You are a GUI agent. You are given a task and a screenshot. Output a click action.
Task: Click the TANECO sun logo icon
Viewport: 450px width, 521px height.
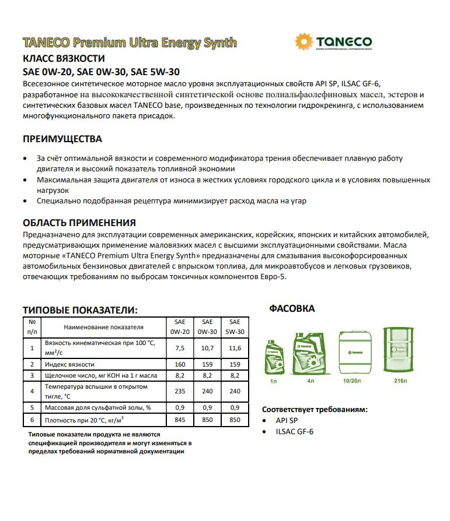(x=305, y=43)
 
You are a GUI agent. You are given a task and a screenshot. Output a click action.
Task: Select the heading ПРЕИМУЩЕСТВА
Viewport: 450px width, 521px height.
(x=62, y=139)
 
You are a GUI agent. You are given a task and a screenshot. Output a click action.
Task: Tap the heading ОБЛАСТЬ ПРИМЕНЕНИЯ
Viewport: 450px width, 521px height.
(x=79, y=223)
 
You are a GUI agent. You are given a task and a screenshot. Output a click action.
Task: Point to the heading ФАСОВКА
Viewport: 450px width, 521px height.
(x=292, y=308)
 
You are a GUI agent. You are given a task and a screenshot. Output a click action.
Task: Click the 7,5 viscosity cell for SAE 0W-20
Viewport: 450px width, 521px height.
(x=179, y=348)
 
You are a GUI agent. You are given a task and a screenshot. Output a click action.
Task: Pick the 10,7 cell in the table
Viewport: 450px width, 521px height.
(x=207, y=348)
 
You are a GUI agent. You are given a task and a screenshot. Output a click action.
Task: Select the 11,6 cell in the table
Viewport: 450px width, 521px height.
(x=235, y=348)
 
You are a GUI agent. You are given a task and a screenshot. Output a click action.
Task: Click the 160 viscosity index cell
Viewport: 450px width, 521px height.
(x=179, y=364)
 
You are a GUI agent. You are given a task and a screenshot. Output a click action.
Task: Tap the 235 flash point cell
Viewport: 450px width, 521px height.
(x=179, y=392)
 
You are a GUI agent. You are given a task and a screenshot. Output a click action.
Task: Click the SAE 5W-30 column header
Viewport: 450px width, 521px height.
(x=235, y=326)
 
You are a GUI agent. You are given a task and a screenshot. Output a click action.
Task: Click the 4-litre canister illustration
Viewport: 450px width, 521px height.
(x=311, y=353)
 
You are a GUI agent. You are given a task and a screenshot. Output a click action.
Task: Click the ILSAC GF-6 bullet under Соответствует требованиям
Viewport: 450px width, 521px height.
(x=295, y=432)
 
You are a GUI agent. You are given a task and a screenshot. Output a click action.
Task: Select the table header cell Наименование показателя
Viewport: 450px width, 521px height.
(x=103, y=327)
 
